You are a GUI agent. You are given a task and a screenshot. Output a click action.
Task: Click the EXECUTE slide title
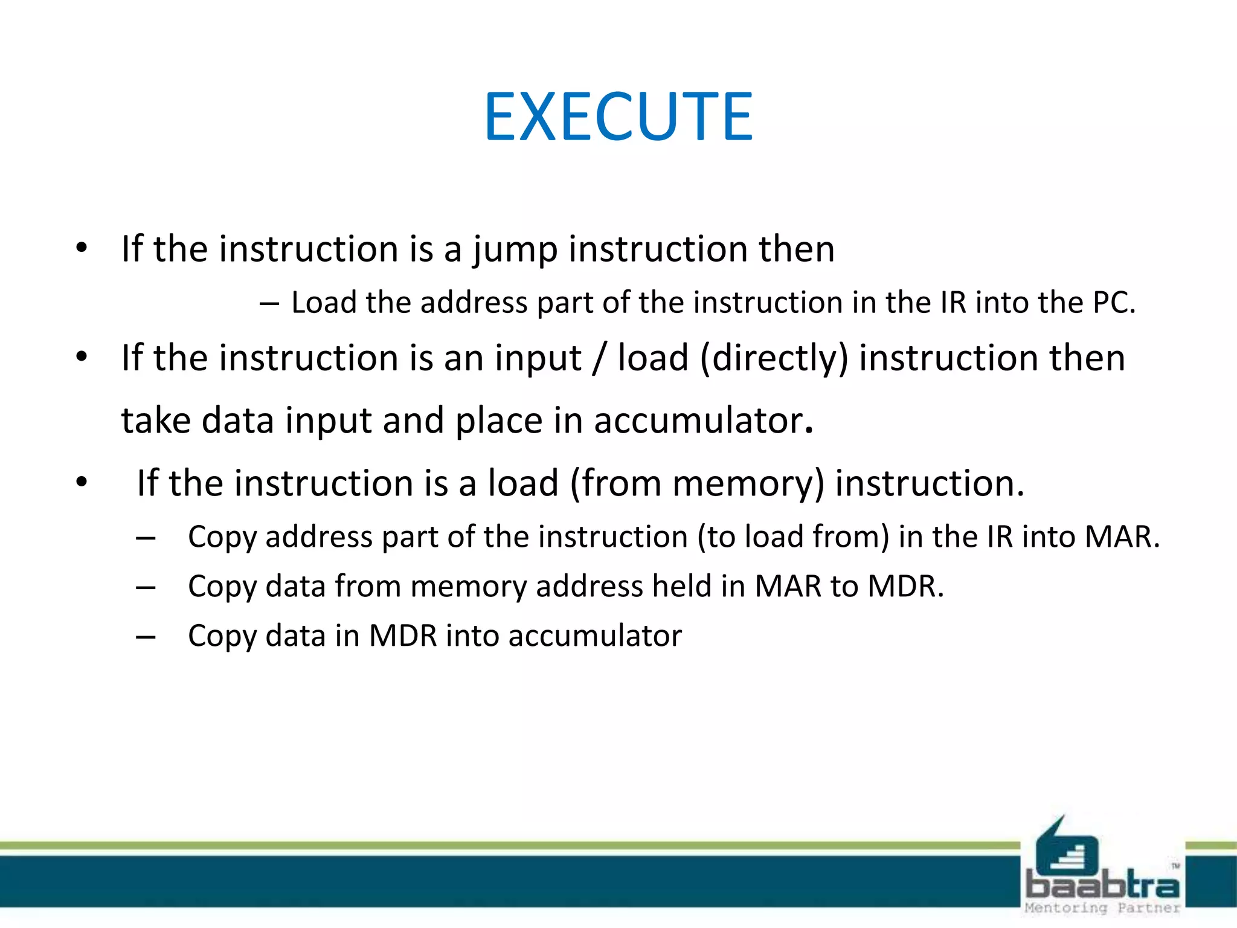pyautogui.click(x=618, y=117)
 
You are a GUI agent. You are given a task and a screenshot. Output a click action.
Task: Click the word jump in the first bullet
pyautogui.click(x=515, y=250)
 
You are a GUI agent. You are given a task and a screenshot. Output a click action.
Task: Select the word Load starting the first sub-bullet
pyautogui.click(x=323, y=303)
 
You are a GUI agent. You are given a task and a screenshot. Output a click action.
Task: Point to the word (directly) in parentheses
pyautogui.click(x=774, y=358)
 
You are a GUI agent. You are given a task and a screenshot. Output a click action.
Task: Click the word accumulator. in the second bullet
pyautogui.click(x=703, y=420)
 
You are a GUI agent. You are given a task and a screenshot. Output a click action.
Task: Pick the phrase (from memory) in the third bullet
pyautogui.click(x=697, y=484)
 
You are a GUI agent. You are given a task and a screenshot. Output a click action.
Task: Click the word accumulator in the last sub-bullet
pyautogui.click(x=595, y=636)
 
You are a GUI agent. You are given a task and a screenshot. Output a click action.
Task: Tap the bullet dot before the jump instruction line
pyautogui.click(x=82, y=248)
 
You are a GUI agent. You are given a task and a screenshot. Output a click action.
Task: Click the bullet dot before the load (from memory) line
pyautogui.click(x=82, y=483)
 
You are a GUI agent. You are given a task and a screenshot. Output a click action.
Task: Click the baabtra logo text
pyautogui.click(x=1102, y=886)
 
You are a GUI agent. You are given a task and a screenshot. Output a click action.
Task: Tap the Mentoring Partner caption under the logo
pyautogui.click(x=1102, y=907)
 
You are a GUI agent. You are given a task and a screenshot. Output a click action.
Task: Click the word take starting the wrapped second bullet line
pyautogui.click(x=156, y=420)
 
